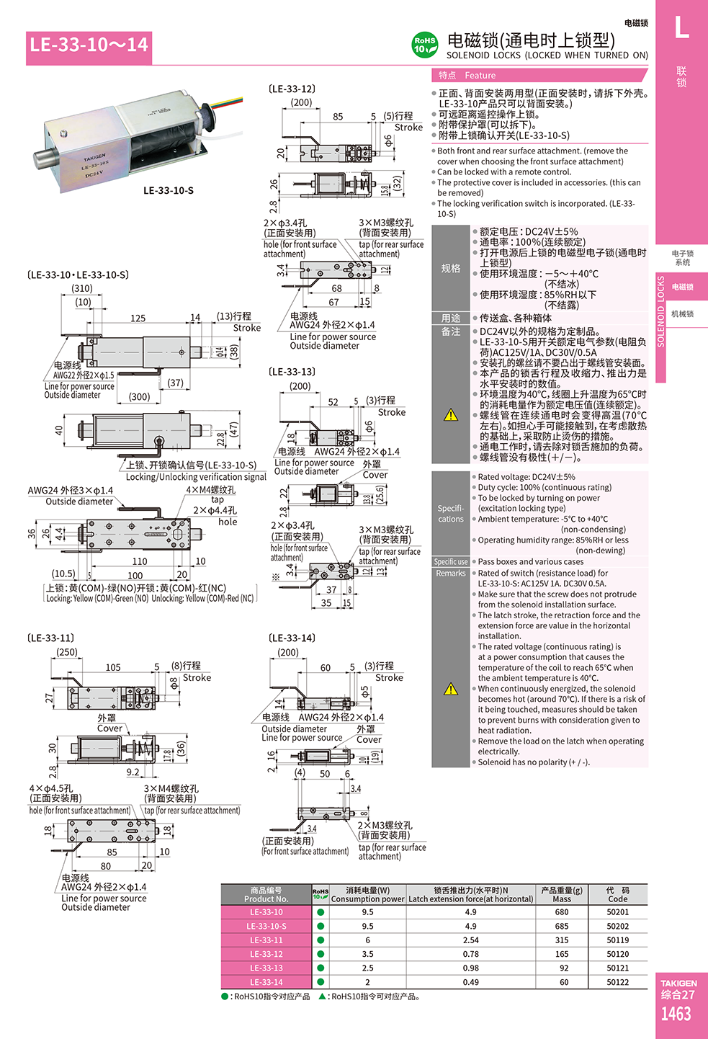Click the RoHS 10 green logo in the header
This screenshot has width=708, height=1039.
pyautogui.click(x=425, y=45)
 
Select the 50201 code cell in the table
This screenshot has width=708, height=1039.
pyautogui.click(x=617, y=912)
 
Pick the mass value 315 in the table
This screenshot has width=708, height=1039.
pyautogui.click(x=562, y=940)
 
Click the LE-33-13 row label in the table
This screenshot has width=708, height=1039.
pyautogui.click(x=266, y=968)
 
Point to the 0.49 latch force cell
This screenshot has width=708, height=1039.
pyautogui.click(x=470, y=982)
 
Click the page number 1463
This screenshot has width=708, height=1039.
pyautogui.click(x=676, y=1015)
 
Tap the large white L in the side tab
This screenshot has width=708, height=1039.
pyautogui.click(x=681, y=29)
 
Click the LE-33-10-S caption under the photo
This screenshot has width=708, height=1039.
pyautogui.click(x=169, y=191)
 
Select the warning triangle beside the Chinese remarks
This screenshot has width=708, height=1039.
pyautogui.click(x=451, y=415)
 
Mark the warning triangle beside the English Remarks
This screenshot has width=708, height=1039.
pyautogui.click(x=451, y=690)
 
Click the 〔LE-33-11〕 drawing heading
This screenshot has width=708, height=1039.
pyautogui.click(x=50, y=638)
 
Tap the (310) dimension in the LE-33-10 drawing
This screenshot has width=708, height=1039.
pyautogui.click(x=82, y=288)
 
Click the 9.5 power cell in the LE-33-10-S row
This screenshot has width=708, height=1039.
pyautogui.click(x=367, y=927)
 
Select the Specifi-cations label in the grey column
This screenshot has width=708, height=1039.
pyautogui.click(x=451, y=514)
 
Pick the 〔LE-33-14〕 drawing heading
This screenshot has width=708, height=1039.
pyautogui.click(x=292, y=638)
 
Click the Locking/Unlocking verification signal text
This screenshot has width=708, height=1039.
pyautogui.click(x=196, y=477)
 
